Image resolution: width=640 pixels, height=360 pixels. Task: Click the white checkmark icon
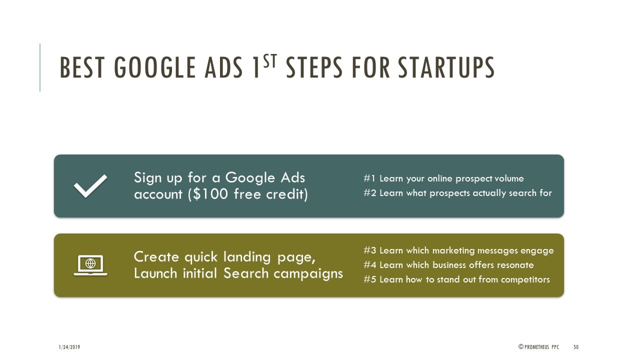coord(90,186)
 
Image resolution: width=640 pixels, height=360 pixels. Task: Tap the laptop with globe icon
coord(90,265)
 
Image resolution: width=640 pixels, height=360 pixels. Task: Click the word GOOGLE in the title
coord(154,67)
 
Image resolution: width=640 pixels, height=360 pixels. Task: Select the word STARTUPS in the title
coord(446,67)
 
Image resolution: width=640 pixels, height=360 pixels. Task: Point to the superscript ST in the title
coord(270,61)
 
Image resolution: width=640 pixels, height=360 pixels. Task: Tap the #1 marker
coord(369,178)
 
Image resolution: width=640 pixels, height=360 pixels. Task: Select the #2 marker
coord(369,193)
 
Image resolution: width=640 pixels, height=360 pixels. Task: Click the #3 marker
coord(369,250)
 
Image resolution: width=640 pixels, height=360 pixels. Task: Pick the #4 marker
coord(369,265)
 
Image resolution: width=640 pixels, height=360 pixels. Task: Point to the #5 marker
coord(369,279)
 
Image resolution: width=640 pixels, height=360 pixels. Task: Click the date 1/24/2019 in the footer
coord(69,347)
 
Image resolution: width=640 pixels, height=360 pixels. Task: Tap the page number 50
coord(576,347)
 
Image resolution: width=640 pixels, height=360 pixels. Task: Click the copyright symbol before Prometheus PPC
coord(521,346)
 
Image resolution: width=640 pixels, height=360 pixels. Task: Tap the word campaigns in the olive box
coord(308,273)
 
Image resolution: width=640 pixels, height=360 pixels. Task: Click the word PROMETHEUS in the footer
coord(537,347)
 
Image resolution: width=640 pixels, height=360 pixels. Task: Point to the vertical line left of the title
coord(40,67)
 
